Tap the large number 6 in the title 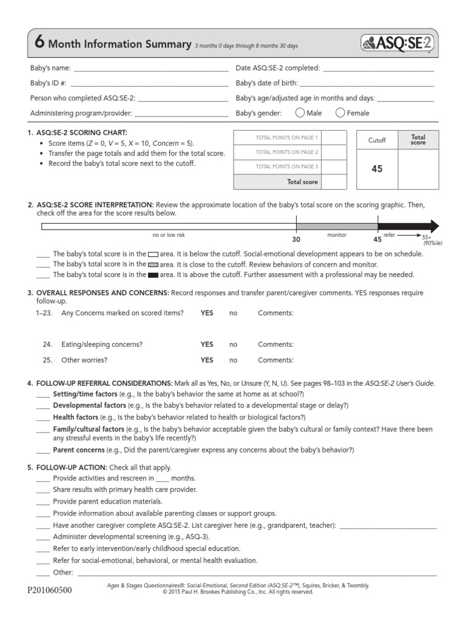pyautogui.click(x=39, y=42)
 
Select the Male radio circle pyautogui.click(x=300, y=112)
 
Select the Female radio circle pyautogui.click(x=340, y=112)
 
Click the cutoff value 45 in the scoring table pyautogui.click(x=377, y=169)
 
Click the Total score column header pyautogui.click(x=418, y=140)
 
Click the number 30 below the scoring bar pyautogui.click(x=296, y=239)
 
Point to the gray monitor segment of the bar pyautogui.click(x=337, y=226)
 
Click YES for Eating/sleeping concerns pyautogui.click(x=207, y=344)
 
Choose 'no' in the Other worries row pyautogui.click(x=233, y=360)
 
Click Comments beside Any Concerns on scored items pyautogui.click(x=275, y=313)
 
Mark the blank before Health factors pyautogui.click(x=42, y=417)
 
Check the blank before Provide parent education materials pyautogui.click(x=42, y=501)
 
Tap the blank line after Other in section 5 pyautogui.click(x=255, y=572)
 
